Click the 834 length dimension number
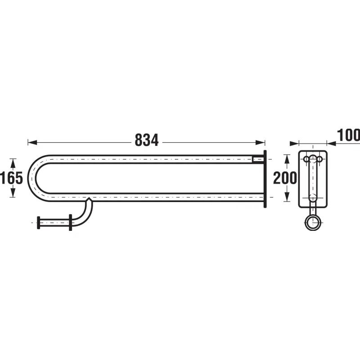[147, 140]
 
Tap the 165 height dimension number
[12, 178]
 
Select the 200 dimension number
[285, 178]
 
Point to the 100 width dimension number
[348, 135]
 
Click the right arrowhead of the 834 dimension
[260, 143]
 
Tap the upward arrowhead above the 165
[13, 163]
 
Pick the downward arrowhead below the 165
[13, 193]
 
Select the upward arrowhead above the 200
[287, 159]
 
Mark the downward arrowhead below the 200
[287, 197]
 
